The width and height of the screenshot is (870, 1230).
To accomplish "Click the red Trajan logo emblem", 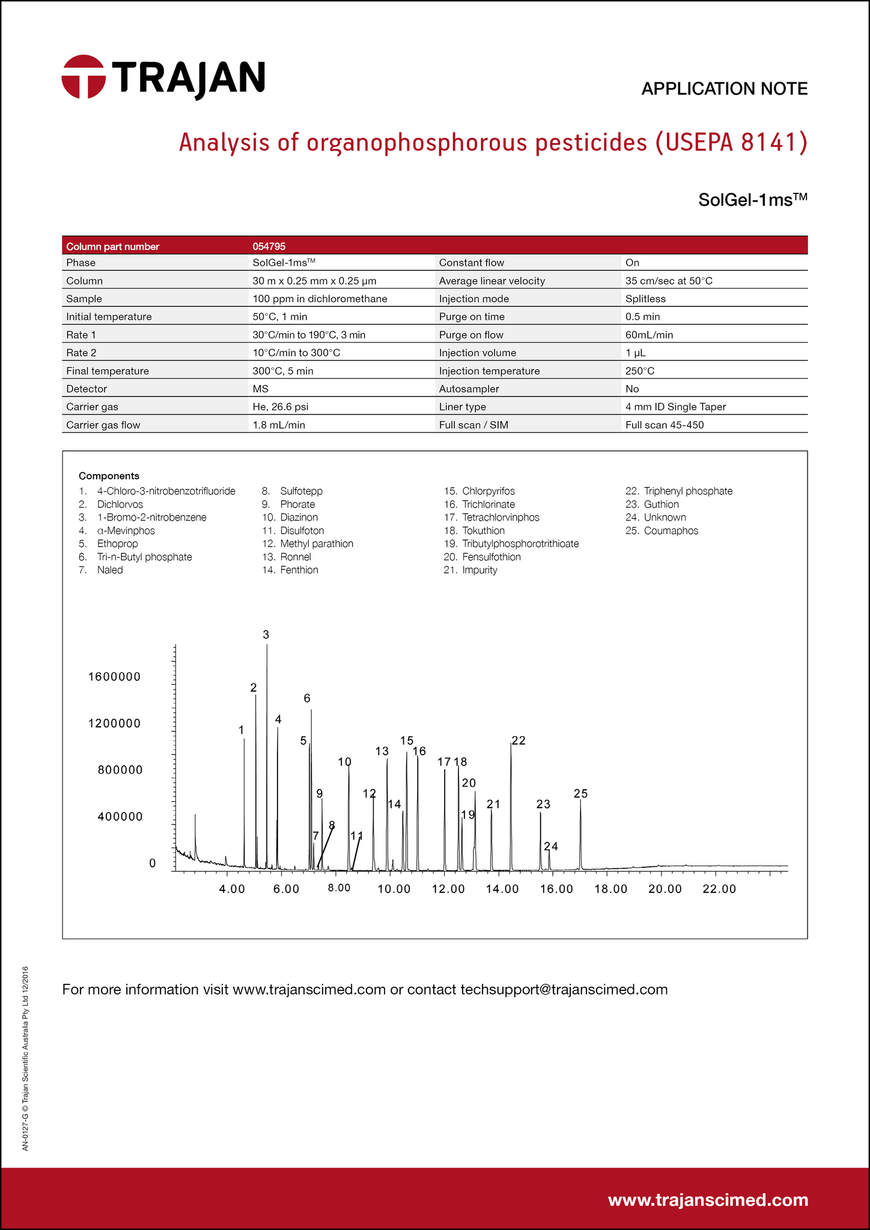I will (84, 77).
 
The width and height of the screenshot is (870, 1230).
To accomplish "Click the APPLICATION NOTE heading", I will (724, 89).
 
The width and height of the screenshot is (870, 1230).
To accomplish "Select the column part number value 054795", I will (269, 246).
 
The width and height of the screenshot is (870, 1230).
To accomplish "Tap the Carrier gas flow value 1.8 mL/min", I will (279, 425).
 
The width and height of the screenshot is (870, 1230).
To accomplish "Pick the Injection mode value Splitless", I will (645, 299).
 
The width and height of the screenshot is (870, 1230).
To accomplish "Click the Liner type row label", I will (462, 407).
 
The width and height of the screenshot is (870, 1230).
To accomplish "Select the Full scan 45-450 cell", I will (664, 425).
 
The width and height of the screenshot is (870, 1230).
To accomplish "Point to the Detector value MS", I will (260, 389).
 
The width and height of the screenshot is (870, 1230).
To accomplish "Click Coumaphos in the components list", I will (671, 531).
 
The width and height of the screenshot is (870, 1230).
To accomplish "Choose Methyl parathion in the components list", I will (316, 544).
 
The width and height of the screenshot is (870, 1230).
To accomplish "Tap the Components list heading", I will (109, 476).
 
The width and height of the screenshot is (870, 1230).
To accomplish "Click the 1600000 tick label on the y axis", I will (114, 677).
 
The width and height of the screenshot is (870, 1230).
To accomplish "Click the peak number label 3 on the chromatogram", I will (266, 635).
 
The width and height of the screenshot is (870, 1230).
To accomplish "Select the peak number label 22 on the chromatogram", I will (519, 741).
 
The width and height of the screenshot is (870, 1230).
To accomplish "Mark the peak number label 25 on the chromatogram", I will (580, 794).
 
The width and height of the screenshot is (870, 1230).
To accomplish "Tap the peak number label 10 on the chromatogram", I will (344, 762).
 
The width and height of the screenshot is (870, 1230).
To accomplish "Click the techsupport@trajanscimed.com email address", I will (564, 990).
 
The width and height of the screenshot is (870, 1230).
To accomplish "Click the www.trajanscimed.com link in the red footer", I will (708, 1201).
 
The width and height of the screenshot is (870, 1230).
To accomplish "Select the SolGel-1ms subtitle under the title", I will (752, 199).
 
